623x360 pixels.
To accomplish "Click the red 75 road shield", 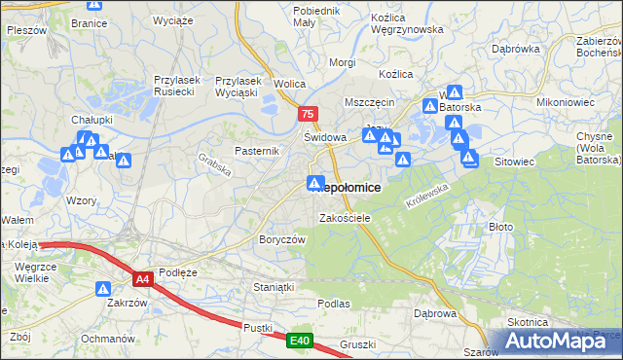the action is coord(309,114).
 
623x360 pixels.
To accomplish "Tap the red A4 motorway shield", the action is coord(143,279).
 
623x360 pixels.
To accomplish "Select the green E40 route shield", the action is coord(300,341).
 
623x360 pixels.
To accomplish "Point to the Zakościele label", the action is coord(346,218).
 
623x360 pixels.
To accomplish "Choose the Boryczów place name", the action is coord(282,239).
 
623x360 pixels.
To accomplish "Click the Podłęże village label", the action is coord(178,272).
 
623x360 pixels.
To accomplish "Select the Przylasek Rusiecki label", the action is coord(176,87).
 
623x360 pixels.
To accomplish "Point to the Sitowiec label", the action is coord(516,161).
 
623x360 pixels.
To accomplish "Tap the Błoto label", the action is coord(500,226).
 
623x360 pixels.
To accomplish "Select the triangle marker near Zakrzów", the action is coord(103,289).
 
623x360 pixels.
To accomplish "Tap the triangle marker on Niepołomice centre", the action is coord(315,183).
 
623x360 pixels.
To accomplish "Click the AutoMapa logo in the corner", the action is coord(562,341).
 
